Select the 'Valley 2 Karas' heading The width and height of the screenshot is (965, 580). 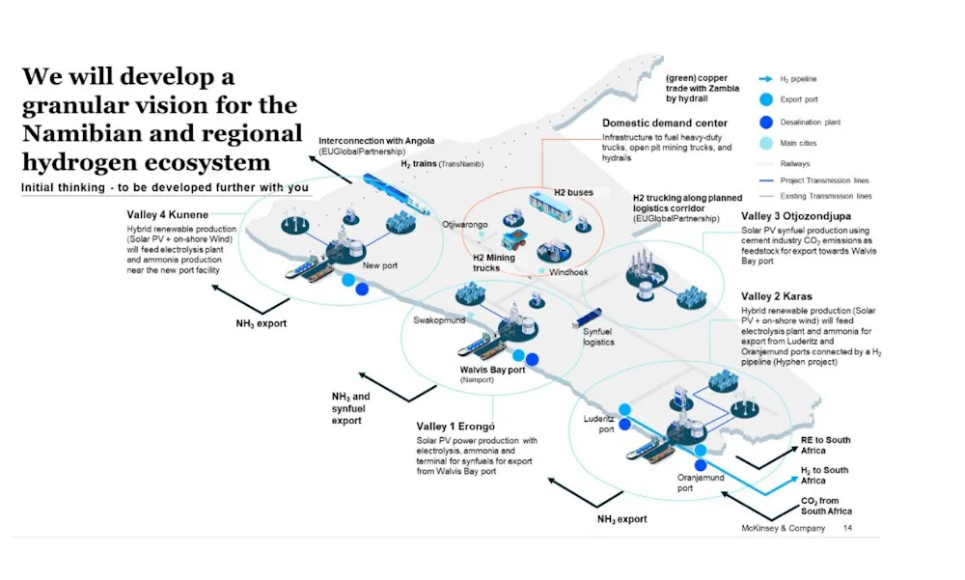pos(779,295)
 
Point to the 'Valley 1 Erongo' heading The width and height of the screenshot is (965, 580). pos(455,427)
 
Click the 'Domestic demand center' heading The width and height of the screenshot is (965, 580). pos(665,124)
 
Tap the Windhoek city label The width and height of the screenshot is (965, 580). pos(567,273)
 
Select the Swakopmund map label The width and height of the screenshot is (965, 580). pos(439,319)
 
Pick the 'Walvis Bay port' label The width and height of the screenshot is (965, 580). pos(493,370)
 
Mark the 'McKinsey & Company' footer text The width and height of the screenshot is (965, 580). pos(785,529)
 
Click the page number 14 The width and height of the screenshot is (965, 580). pos(847,529)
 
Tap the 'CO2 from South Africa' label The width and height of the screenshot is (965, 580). pos(826,506)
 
